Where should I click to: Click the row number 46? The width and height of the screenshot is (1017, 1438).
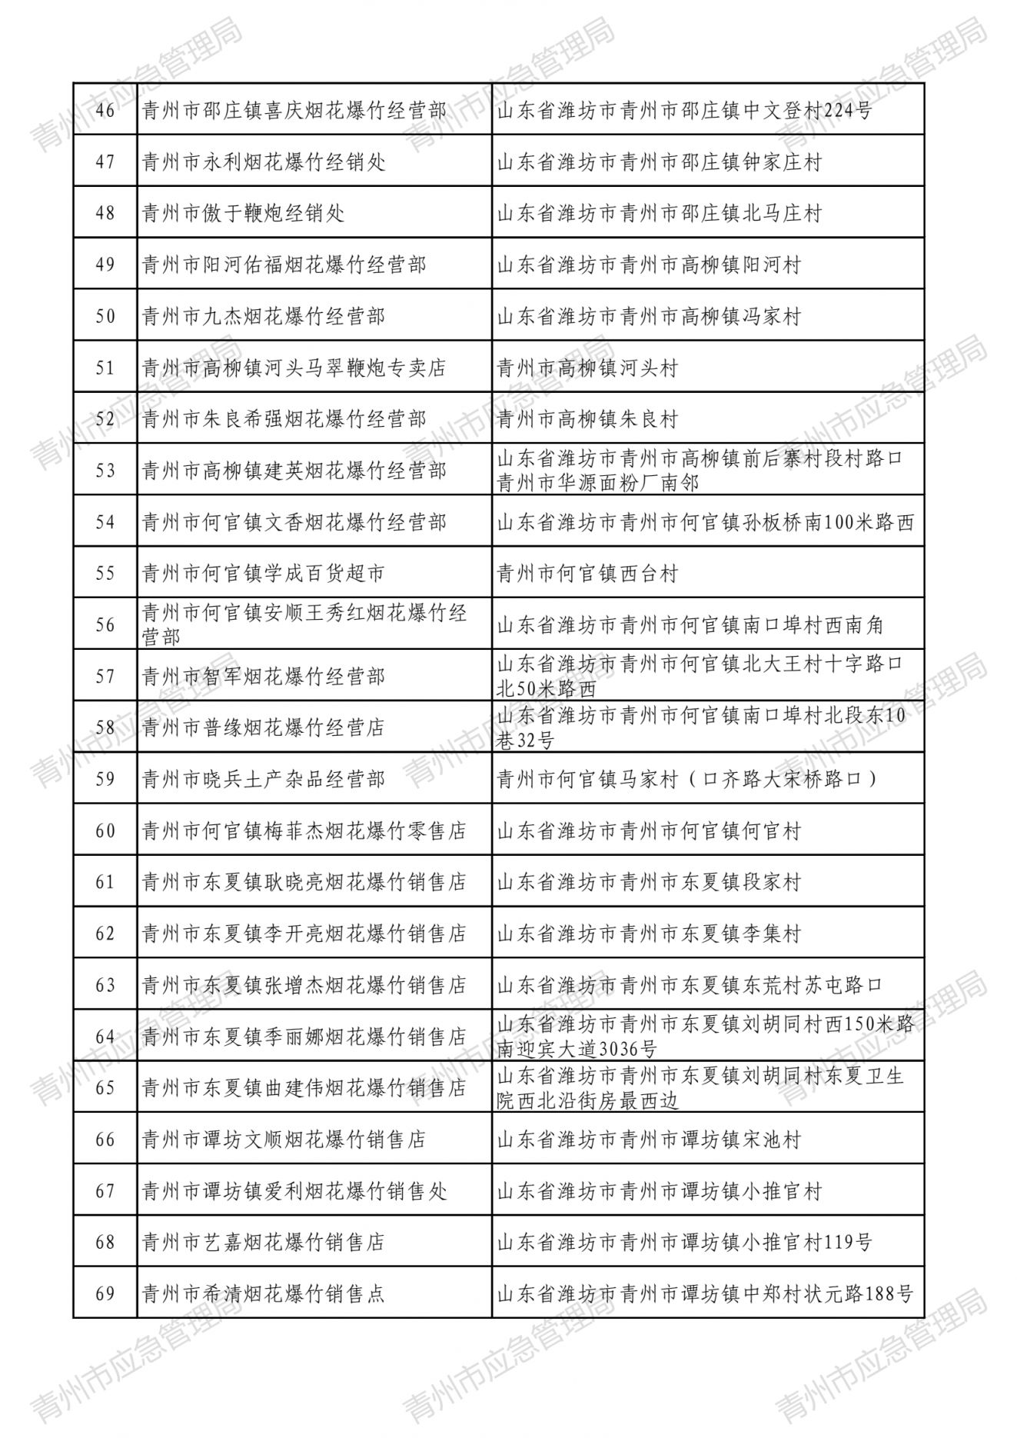point(105,111)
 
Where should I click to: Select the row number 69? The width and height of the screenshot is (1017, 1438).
point(105,1294)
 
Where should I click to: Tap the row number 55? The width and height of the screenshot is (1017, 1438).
point(105,574)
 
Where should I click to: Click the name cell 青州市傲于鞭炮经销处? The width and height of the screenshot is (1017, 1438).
point(244,213)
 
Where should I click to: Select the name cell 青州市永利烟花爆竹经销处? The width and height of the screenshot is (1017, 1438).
point(264,162)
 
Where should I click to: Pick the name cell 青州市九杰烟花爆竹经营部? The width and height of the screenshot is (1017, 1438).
point(264,316)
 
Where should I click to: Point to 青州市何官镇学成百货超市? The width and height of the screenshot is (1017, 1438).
point(264,574)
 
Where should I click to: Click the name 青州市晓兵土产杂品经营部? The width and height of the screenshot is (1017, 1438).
point(264,780)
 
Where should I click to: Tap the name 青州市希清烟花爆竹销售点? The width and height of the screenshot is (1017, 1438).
point(264,1294)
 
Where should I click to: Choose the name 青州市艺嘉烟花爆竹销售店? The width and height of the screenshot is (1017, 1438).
point(264,1243)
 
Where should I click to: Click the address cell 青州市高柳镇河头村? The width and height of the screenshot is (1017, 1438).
point(588,368)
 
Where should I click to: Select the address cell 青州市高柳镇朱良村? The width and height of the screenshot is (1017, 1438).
point(588,419)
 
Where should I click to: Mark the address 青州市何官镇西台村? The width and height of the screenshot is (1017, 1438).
point(588,574)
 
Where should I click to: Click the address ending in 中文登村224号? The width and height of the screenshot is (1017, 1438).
point(685,111)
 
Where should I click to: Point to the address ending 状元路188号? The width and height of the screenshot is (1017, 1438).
point(705,1294)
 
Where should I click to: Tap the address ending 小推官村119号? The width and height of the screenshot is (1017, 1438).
point(685,1243)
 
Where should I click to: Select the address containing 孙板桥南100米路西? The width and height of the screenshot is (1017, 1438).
point(705,522)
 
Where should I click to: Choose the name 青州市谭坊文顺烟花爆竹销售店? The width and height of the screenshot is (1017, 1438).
point(284,1140)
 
